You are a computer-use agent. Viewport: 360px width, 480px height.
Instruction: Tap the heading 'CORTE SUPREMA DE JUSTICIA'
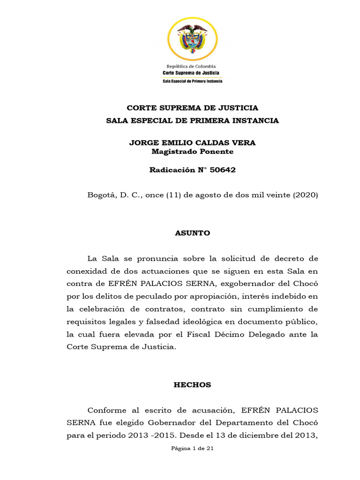pyautogui.click(x=192, y=108)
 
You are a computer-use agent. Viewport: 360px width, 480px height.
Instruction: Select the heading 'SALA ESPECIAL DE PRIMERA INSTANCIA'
pyautogui.click(x=192, y=120)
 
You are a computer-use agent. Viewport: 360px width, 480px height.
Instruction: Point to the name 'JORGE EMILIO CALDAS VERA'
pyautogui.click(x=192, y=142)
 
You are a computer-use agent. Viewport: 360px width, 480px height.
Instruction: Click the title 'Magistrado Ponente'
pyautogui.click(x=192, y=151)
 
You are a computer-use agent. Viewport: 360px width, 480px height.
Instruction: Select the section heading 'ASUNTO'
pyautogui.click(x=192, y=233)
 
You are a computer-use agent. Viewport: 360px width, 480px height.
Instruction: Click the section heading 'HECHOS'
pyautogui.click(x=192, y=385)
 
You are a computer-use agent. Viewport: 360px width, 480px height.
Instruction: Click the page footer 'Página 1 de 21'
pyautogui.click(x=192, y=449)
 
